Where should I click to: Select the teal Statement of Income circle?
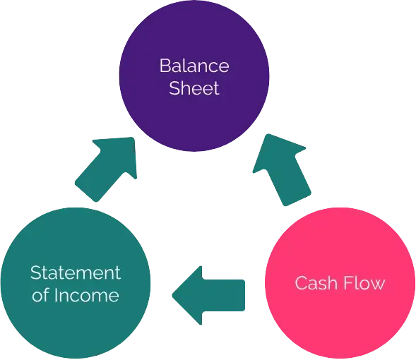pyautogui.click(x=76, y=282)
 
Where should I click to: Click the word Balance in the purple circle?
pyautogui.click(x=194, y=66)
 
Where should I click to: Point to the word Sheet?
pyautogui.click(x=194, y=89)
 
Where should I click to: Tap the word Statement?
pyautogui.click(x=76, y=272)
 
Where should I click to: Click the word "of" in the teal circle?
pyautogui.click(x=40, y=295)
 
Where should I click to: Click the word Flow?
pyautogui.click(x=364, y=284)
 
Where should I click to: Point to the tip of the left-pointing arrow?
pyautogui.click(x=174, y=292)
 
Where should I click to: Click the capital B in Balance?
pyautogui.click(x=165, y=66)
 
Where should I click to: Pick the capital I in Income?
pyautogui.click(x=55, y=295)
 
